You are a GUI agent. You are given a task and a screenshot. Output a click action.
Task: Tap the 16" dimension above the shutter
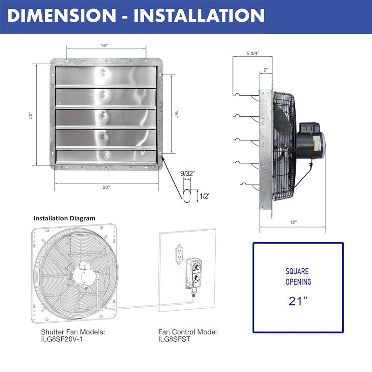tap(104, 46)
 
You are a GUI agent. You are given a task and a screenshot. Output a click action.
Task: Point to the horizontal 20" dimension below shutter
tap(106, 187)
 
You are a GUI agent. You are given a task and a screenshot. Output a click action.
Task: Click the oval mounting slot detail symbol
tap(187, 195)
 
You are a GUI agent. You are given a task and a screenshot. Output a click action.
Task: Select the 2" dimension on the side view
tap(266, 70)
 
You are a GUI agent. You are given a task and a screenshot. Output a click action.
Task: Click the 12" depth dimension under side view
tap(293, 222)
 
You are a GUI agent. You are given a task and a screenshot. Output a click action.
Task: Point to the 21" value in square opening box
tap(298, 301)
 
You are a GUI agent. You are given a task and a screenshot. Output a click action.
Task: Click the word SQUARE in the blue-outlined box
tap(298, 270)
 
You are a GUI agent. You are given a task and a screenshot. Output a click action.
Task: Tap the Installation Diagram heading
tap(64, 218)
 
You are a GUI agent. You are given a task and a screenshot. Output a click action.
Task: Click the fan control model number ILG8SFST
tap(174, 339)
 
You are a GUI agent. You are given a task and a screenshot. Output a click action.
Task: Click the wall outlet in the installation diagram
tap(179, 254)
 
